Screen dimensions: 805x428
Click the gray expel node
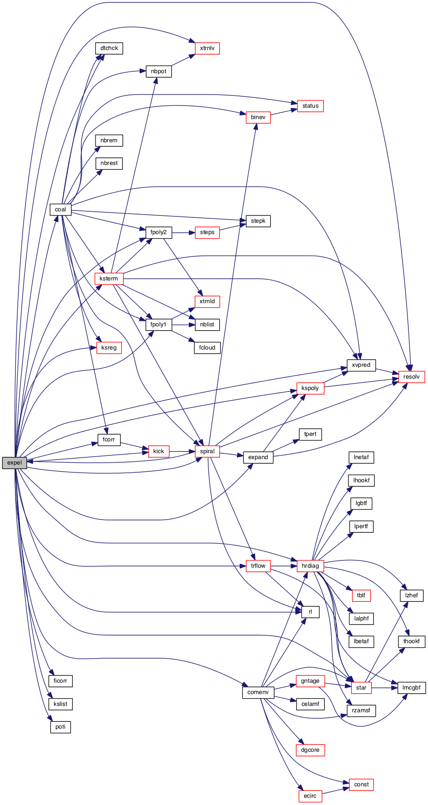[15, 463]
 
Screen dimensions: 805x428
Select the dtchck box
[109, 48]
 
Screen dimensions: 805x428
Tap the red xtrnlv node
[207, 48]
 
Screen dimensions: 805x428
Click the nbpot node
[159, 71]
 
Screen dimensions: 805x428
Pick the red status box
[310, 106]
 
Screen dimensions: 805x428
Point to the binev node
[258, 117]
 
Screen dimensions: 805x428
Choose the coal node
[60, 210]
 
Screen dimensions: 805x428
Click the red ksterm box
[109, 279]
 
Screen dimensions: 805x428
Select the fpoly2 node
[159, 232]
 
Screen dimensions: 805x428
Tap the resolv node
[411, 377]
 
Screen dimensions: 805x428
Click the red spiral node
[207, 451]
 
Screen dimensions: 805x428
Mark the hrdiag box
[310, 566]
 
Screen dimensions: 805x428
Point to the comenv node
[258, 692]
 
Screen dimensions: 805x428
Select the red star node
[361, 688]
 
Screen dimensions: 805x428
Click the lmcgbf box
[412, 688]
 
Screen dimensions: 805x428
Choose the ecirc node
[310, 796]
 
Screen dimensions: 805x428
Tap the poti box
[60, 727]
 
